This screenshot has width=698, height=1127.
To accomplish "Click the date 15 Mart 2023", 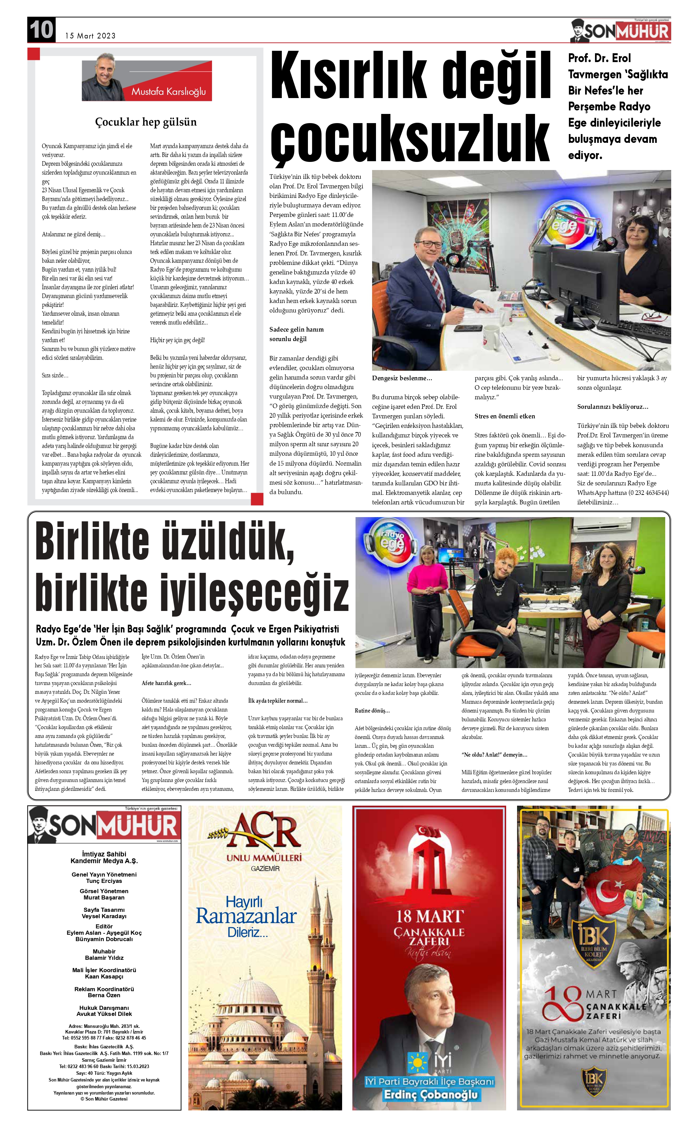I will pyautogui.click(x=91, y=36).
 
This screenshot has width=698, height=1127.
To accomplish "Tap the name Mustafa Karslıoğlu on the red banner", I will pyautogui.click(x=169, y=91).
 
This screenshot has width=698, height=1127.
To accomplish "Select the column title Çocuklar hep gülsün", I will pyautogui.click(x=146, y=122).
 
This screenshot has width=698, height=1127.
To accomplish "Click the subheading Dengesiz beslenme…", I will pyautogui.click(x=402, y=378).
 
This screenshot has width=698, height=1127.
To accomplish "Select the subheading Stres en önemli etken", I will pyautogui.click(x=505, y=416).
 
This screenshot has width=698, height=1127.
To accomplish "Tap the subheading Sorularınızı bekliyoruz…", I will pyautogui.click(x=613, y=407).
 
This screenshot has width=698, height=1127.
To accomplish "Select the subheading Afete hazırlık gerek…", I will pyautogui.click(x=166, y=683).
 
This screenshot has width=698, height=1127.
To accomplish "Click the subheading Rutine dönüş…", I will pyautogui.click(x=372, y=710).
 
